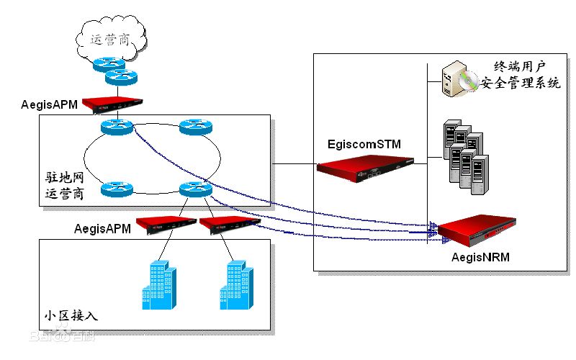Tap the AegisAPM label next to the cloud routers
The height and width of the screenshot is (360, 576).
(x=49, y=106)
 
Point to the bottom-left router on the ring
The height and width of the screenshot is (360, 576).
(x=117, y=189)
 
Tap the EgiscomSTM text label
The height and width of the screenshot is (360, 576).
(x=362, y=145)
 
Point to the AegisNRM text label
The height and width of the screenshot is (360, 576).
(x=481, y=256)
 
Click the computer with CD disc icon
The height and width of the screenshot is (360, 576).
(x=459, y=79)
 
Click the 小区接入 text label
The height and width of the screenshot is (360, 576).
(x=71, y=316)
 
